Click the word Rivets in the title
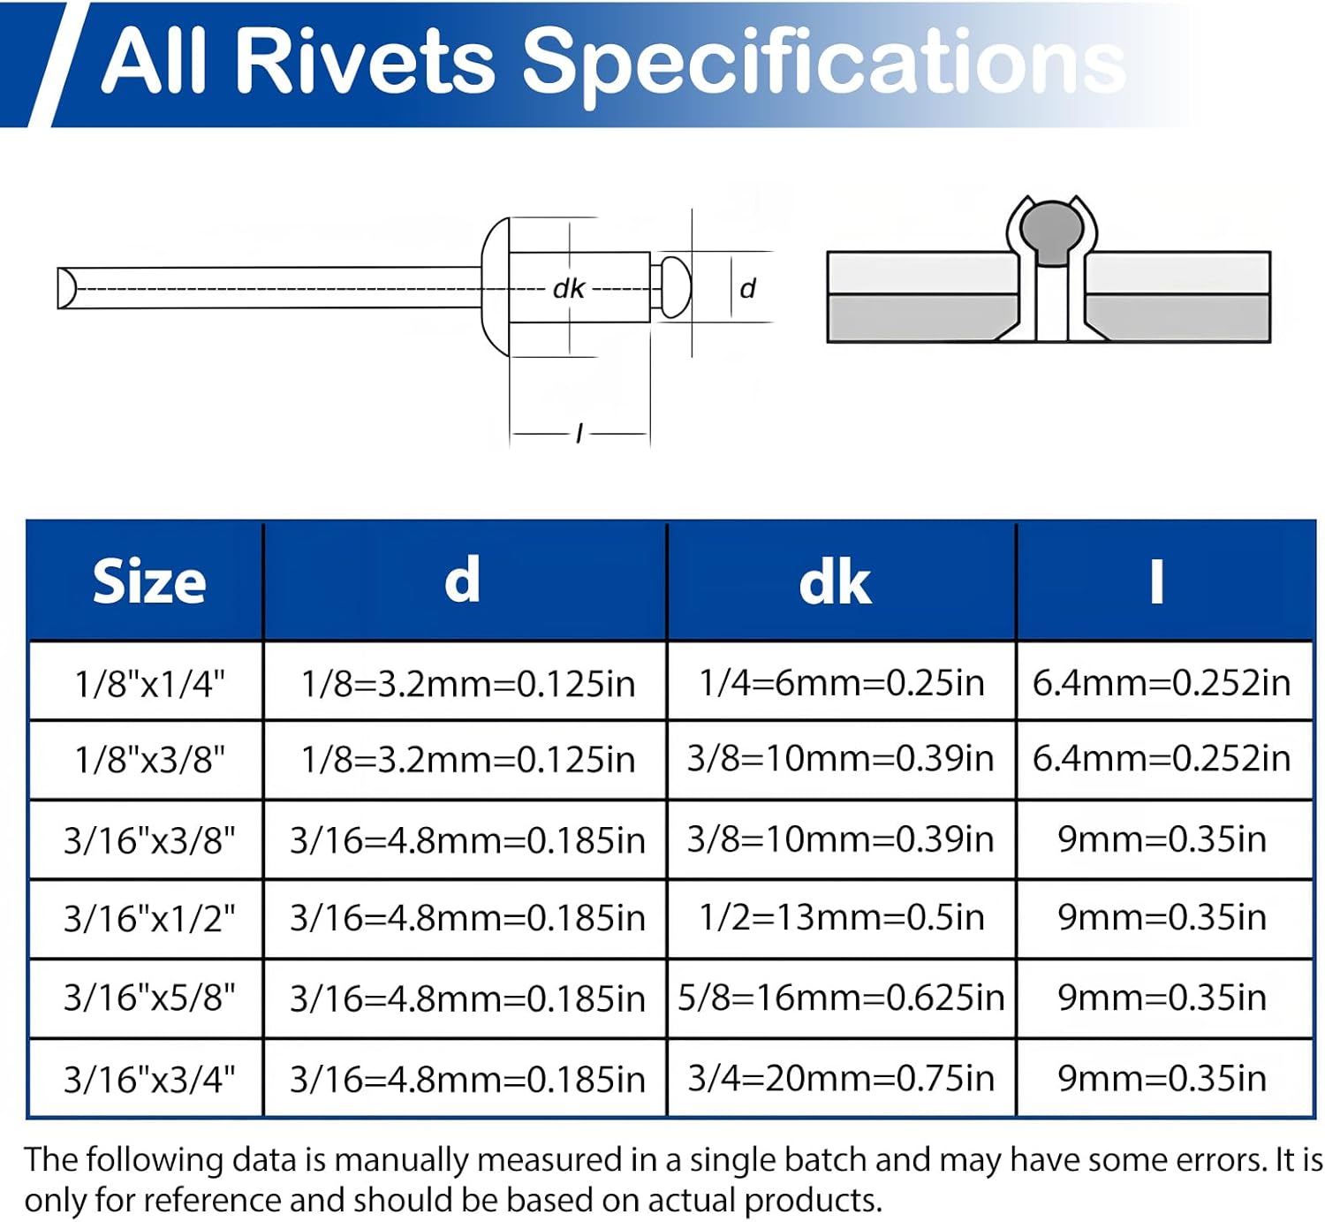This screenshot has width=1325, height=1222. pyautogui.click(x=366, y=60)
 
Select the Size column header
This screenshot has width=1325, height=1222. pyautogui.click(x=148, y=581)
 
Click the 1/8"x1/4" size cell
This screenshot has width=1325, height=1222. pyautogui.click(x=148, y=683)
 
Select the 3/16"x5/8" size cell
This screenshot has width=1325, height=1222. pyautogui.click(x=148, y=998)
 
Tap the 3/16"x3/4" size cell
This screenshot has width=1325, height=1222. pyautogui.click(x=148, y=1079)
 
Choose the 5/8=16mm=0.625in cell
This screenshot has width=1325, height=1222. pyautogui.click(x=841, y=998)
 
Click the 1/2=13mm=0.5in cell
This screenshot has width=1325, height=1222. pyautogui.click(x=841, y=917)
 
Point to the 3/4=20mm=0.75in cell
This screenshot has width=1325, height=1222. pyautogui.click(x=841, y=1078)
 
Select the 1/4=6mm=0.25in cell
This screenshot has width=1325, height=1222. pyautogui.click(x=841, y=682)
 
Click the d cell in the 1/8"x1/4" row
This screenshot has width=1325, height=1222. pyautogui.click(x=467, y=683)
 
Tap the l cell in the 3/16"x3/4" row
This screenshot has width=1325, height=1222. pyautogui.click(x=1162, y=1078)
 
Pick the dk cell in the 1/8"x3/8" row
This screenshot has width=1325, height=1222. pyautogui.click(x=841, y=758)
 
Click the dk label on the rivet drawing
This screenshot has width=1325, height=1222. pyautogui.click(x=568, y=289)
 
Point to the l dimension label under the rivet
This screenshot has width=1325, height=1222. pyautogui.click(x=579, y=433)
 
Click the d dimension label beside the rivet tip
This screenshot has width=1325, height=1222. pyautogui.click(x=747, y=289)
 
